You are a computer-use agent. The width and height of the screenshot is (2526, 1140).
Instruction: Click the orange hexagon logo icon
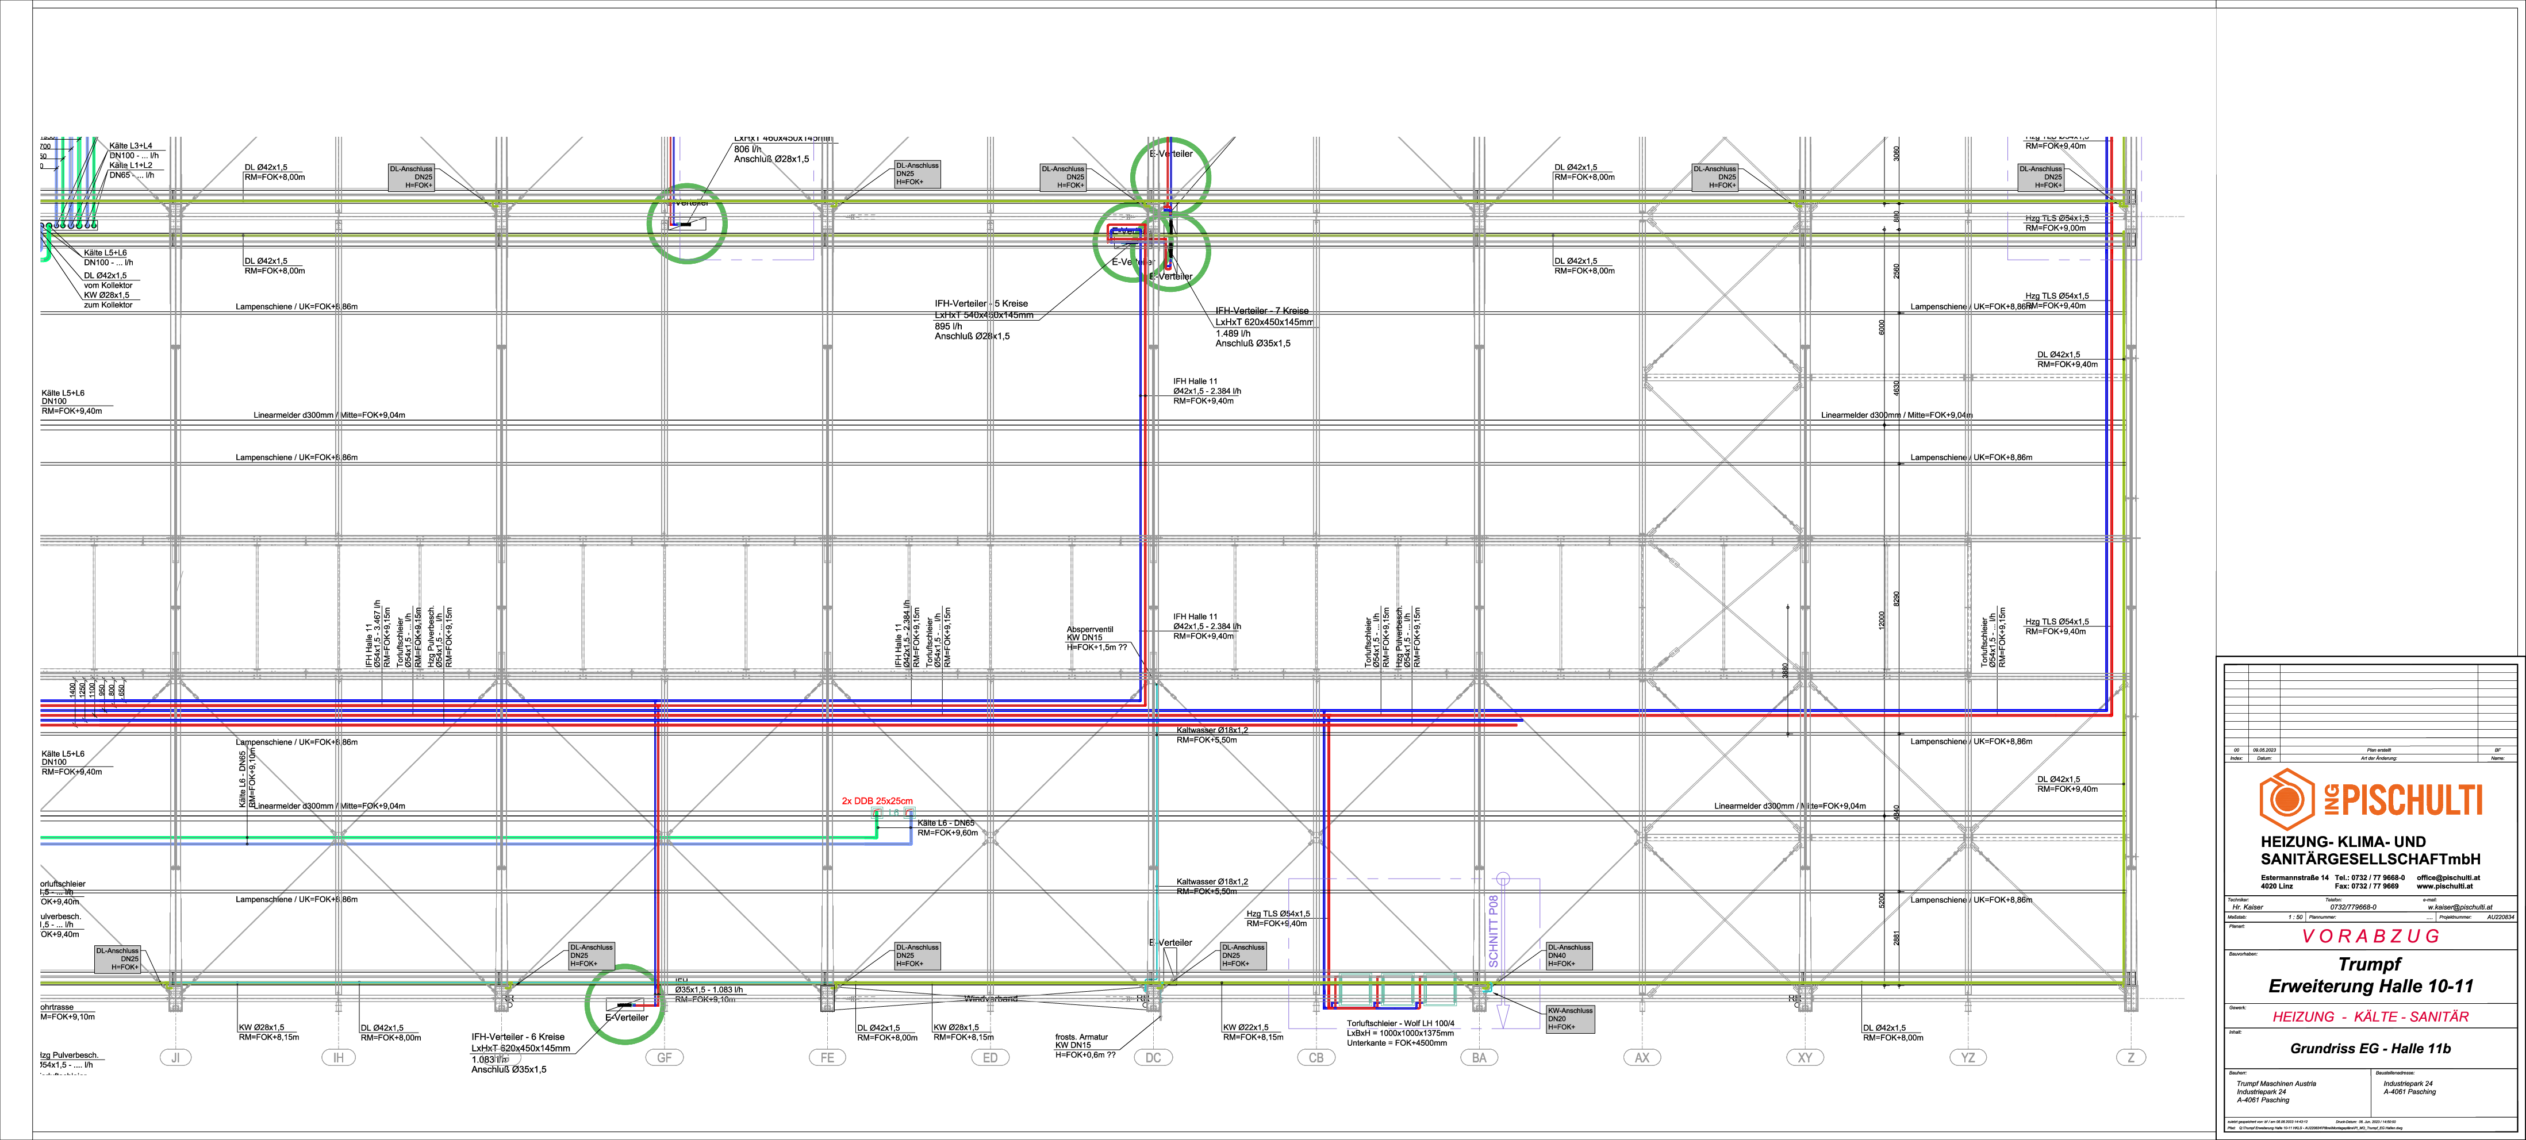pyautogui.click(x=2286, y=798)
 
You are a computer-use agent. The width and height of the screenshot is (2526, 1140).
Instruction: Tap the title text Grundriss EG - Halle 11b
pyautogui.click(x=2369, y=1049)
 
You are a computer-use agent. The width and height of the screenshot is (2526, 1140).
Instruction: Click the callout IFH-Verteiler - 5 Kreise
pyautogui.click(x=981, y=304)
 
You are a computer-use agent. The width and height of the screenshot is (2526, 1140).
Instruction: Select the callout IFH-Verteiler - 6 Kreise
pyautogui.click(x=518, y=1036)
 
